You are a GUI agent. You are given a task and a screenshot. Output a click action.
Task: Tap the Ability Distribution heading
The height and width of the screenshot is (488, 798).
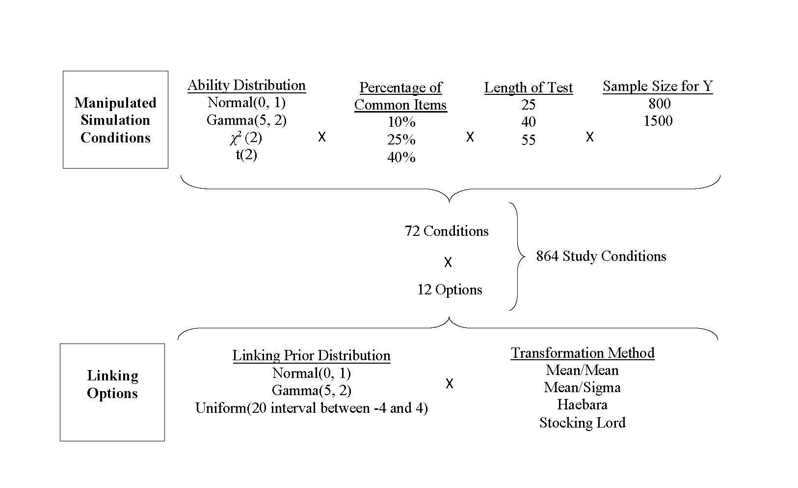pyautogui.click(x=246, y=86)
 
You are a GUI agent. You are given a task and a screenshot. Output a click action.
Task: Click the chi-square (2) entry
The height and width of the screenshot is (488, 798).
pyautogui.click(x=246, y=138)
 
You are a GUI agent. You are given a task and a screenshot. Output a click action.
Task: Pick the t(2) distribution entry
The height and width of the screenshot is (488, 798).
pyautogui.click(x=246, y=155)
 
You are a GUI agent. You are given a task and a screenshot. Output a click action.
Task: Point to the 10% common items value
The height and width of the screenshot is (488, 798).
pyautogui.click(x=401, y=122)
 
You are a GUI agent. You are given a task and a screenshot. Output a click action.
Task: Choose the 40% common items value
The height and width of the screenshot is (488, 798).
pyautogui.click(x=401, y=157)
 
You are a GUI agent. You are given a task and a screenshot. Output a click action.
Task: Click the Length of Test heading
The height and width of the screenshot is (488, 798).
pyautogui.click(x=528, y=88)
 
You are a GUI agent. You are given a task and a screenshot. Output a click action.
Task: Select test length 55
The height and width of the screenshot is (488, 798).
pyautogui.click(x=528, y=140)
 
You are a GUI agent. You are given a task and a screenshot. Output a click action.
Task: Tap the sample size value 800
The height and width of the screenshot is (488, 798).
pyautogui.click(x=660, y=104)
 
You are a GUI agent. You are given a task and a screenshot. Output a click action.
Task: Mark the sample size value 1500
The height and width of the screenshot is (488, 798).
pyautogui.click(x=658, y=121)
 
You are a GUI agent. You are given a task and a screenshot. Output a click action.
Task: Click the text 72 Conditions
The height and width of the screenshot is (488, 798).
pyautogui.click(x=447, y=231)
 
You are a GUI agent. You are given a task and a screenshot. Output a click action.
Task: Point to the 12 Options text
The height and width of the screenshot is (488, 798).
pyautogui.click(x=450, y=289)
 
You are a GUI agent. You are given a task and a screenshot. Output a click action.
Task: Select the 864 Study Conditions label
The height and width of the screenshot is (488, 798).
pyautogui.click(x=601, y=256)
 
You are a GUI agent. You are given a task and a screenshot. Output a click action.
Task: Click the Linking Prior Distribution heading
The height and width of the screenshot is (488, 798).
pyautogui.click(x=311, y=356)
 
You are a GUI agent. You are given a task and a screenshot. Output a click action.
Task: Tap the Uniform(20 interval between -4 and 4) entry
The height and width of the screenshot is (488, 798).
pyautogui.click(x=311, y=408)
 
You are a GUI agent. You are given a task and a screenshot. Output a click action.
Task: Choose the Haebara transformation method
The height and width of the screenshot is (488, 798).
pyautogui.click(x=583, y=405)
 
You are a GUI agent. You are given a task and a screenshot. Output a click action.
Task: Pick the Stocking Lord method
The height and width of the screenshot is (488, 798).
pyautogui.click(x=583, y=423)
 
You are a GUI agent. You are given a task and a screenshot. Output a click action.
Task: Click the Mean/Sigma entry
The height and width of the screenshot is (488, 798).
pyautogui.click(x=583, y=388)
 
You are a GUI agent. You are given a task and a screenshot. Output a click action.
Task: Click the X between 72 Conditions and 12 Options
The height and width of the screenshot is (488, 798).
pyautogui.click(x=448, y=262)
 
